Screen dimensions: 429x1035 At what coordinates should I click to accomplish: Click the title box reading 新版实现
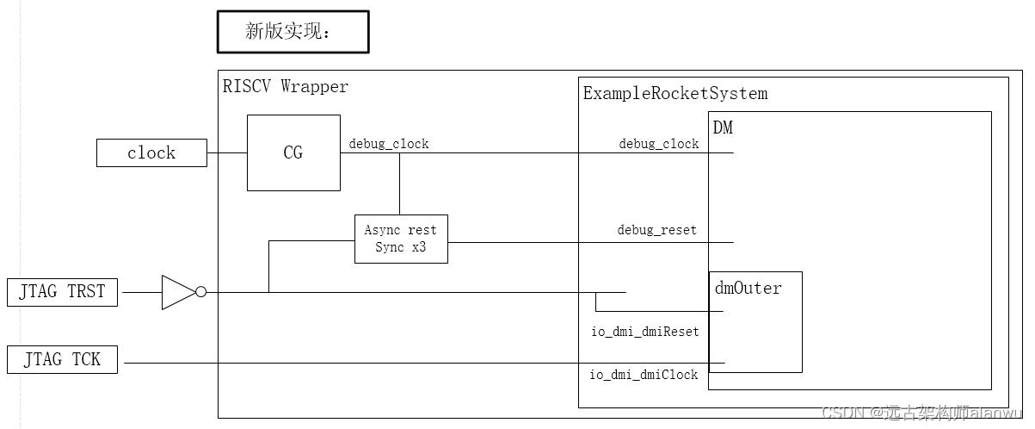pos(293,33)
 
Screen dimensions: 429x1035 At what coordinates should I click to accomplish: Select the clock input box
pos(151,153)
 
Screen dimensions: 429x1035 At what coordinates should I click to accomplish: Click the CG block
pos(293,153)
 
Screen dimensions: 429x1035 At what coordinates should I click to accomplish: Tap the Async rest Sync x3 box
pos(401,239)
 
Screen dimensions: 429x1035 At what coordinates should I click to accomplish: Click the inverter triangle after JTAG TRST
pos(176,292)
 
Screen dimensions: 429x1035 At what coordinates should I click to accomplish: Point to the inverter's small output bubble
pos(200,292)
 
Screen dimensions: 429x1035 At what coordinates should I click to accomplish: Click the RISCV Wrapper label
pos(286,87)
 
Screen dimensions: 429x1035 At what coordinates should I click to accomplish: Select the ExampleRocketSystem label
pos(675,93)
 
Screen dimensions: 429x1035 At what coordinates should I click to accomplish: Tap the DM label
pos(723,127)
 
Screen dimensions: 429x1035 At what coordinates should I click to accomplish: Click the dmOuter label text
pos(749,288)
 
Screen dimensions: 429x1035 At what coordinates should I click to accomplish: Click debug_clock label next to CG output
pos(389,144)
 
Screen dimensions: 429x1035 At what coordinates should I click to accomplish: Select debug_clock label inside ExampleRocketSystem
pos(659,144)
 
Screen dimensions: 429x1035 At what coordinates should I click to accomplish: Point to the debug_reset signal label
pos(657,230)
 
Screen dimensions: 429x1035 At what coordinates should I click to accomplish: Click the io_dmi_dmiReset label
pos(644,332)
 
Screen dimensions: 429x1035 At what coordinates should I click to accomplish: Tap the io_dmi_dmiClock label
pos(644,375)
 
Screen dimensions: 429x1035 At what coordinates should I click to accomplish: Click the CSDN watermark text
pos(925,413)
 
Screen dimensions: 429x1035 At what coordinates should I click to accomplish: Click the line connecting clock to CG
pos(227,153)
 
